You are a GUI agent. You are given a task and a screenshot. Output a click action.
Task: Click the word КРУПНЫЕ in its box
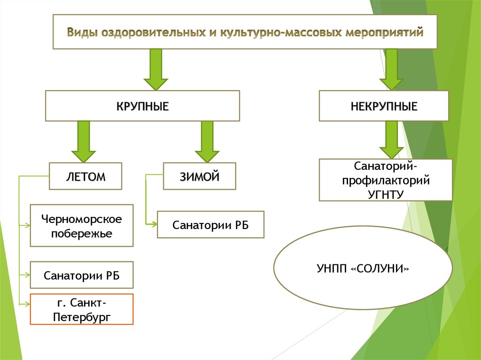point(142,106)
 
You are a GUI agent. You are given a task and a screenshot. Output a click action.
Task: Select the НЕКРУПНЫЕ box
point(384,106)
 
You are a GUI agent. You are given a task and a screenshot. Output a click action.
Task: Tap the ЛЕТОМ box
point(85,176)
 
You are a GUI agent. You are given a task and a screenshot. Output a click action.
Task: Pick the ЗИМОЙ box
point(199,176)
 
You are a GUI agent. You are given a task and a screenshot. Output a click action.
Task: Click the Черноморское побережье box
point(82,225)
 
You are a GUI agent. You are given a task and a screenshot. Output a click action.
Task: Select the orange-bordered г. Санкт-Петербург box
point(82,309)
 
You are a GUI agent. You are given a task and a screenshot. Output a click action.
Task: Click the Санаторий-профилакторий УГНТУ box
point(386,180)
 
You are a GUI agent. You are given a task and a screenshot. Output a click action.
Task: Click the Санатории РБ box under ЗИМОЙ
point(210,225)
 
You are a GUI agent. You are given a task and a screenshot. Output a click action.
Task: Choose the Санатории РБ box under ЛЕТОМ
point(82,275)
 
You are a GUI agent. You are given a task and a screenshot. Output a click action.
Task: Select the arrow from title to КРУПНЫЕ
point(155,69)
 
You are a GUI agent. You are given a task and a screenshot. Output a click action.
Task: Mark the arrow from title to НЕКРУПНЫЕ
point(391,69)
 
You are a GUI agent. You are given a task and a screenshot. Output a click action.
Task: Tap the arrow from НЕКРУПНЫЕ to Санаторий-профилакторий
point(391,139)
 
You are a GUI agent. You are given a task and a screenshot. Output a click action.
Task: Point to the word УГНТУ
point(386,193)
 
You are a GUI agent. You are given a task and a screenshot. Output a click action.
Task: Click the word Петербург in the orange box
point(82,317)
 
